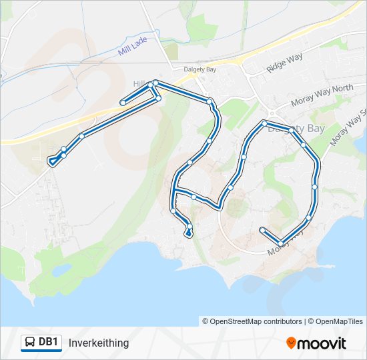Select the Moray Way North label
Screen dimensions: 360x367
point(322,97)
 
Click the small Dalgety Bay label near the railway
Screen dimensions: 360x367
point(200,68)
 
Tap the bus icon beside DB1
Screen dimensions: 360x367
point(31,343)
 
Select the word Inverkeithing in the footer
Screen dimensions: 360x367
point(99,343)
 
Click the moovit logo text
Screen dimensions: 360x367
point(322,343)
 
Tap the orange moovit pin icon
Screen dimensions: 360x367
point(291,343)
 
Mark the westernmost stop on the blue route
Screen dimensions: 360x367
point(51,161)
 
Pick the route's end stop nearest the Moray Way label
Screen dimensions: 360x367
point(262,230)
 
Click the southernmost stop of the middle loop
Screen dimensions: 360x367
point(189,233)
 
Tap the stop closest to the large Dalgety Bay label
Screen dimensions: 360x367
point(265,123)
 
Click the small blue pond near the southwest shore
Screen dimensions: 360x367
point(59,269)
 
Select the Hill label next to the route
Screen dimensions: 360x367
point(139,83)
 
